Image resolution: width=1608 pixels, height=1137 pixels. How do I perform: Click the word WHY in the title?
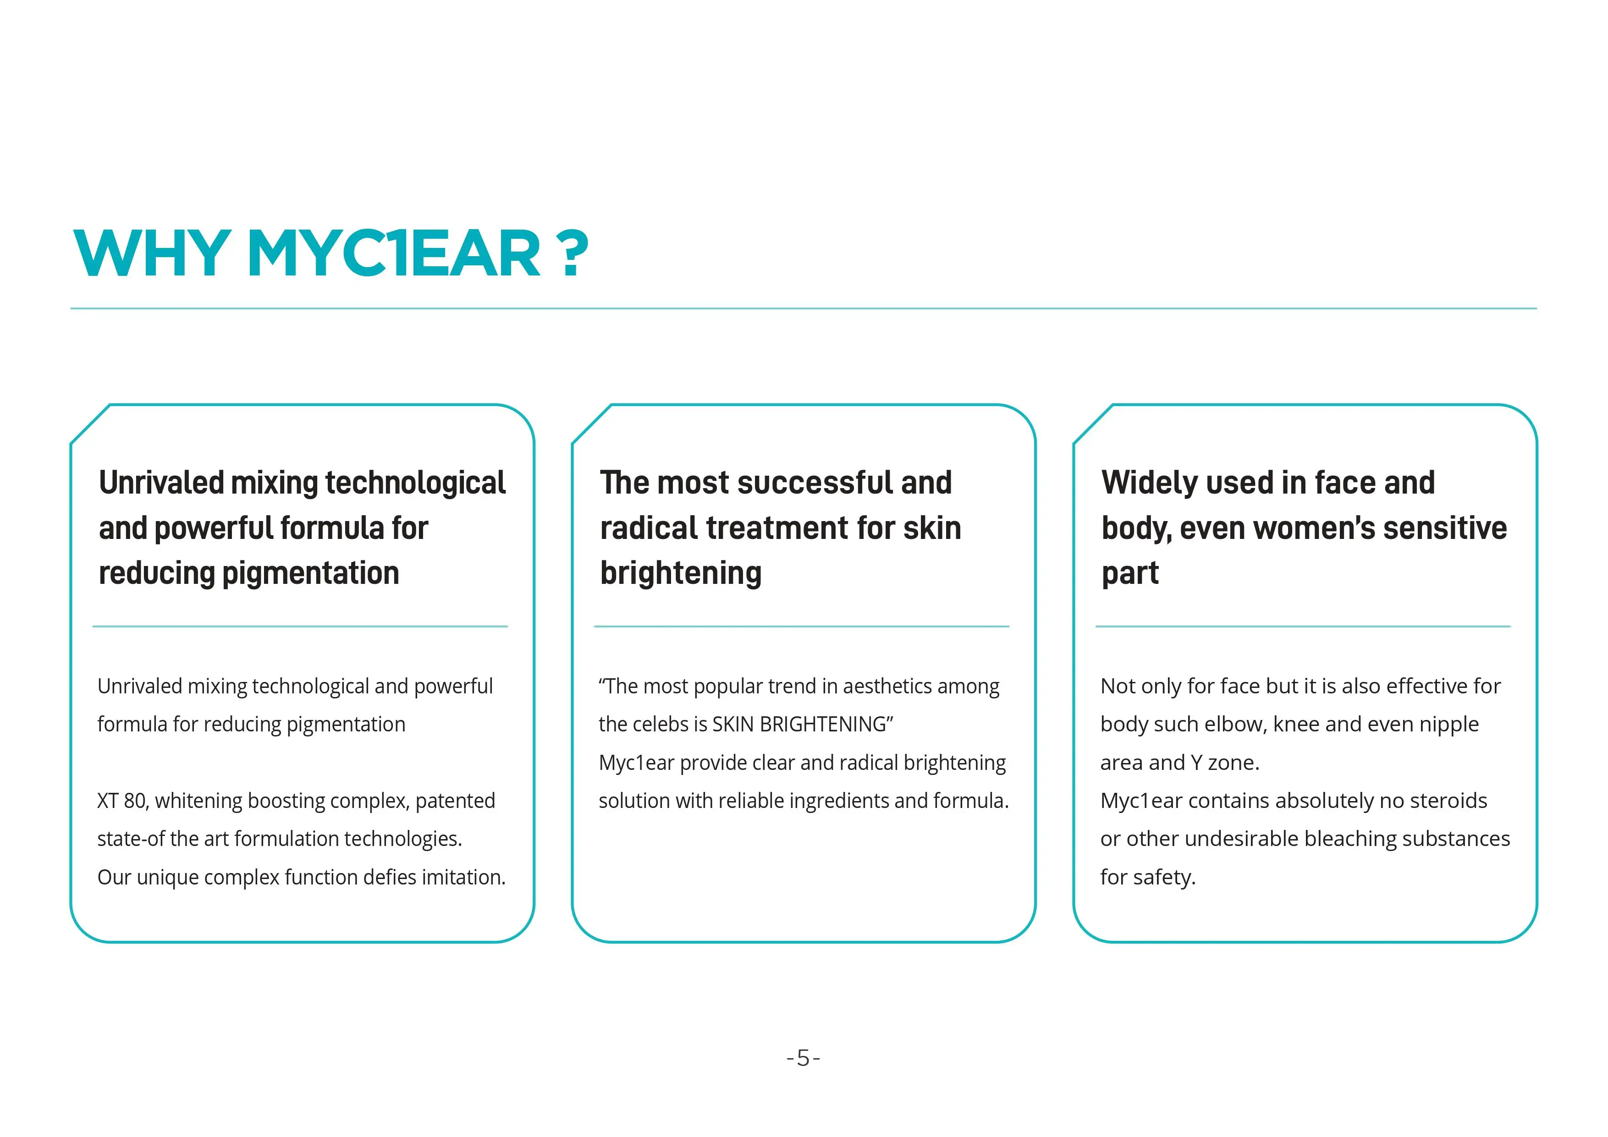(x=152, y=253)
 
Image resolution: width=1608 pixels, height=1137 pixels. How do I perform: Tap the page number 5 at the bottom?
(x=803, y=1057)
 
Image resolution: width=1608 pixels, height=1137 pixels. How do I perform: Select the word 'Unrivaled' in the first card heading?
(x=162, y=483)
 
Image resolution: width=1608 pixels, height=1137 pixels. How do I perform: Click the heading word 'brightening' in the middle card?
(x=681, y=573)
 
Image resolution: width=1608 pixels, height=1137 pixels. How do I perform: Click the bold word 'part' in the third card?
(x=1129, y=573)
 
